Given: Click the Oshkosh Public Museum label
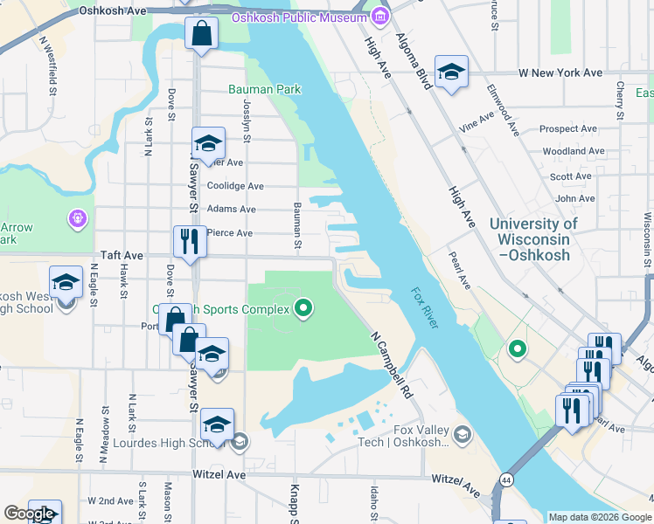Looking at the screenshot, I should [x=298, y=18].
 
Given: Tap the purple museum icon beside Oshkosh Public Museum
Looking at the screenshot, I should [x=379, y=17].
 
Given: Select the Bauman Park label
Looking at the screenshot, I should [x=264, y=89].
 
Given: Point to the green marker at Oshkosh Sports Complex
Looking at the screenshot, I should [x=303, y=307].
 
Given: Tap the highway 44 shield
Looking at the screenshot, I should [x=506, y=480].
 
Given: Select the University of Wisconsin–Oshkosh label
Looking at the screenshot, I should [x=533, y=239].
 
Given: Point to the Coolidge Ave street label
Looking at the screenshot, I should [x=235, y=186].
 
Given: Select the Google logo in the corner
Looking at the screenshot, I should [x=29, y=514].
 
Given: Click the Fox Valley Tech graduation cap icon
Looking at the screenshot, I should [x=461, y=433].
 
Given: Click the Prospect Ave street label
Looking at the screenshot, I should [x=567, y=128].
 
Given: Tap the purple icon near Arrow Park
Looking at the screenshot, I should [x=77, y=217].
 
